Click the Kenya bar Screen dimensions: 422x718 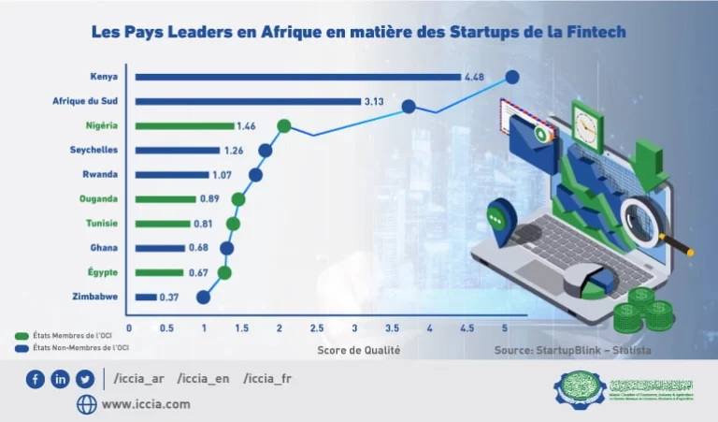(x=299, y=77)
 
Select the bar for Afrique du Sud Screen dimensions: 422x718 (x=249, y=101)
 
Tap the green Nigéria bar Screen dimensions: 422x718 (x=185, y=125)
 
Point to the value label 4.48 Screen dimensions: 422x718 (x=477, y=77)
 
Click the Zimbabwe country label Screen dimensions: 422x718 (x=94, y=297)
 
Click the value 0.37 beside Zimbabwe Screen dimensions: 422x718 (x=169, y=297)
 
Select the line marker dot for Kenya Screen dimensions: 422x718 (x=511, y=78)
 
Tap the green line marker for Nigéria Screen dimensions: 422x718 (x=284, y=125)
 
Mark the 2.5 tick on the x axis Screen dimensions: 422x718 (x=317, y=327)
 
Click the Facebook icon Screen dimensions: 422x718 (x=36, y=379)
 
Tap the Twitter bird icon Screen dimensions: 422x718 (x=85, y=379)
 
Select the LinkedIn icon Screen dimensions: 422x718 (x=61, y=379)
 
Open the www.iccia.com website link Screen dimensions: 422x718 (x=145, y=404)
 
